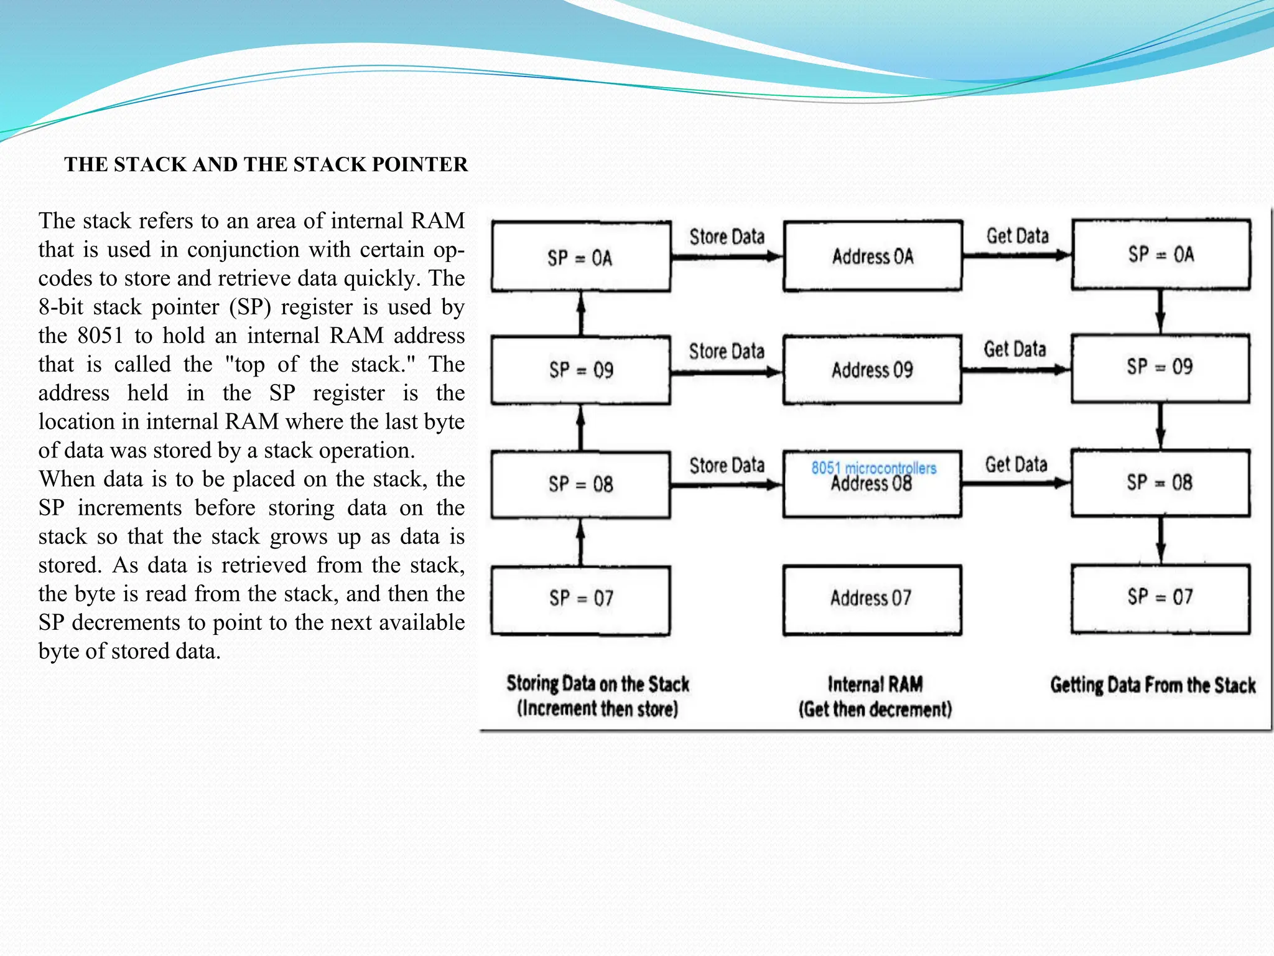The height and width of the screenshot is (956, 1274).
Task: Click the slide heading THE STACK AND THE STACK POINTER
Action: point(266,164)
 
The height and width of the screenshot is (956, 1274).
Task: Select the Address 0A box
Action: point(872,256)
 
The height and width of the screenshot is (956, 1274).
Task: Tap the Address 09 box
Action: point(872,370)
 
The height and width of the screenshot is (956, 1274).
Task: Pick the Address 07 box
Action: point(872,599)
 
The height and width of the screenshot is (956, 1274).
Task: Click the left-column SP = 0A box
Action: point(580,257)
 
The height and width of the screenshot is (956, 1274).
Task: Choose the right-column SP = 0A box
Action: point(1161,254)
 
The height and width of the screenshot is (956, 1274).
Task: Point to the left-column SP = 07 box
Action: point(580,599)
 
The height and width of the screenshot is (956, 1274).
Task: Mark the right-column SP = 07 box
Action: point(1161,597)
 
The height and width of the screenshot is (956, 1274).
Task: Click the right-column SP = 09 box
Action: point(1161,367)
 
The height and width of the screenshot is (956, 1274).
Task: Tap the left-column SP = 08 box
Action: point(580,484)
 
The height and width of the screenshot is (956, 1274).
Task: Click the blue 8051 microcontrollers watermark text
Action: point(873,467)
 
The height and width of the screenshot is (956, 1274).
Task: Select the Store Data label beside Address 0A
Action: point(727,237)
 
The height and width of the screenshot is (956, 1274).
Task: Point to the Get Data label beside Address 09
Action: point(1015,349)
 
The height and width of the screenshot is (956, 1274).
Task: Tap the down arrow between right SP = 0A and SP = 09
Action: point(1161,312)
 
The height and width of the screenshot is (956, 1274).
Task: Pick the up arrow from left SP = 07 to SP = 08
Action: point(581,542)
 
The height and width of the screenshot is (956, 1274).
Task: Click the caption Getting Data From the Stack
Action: point(1153,685)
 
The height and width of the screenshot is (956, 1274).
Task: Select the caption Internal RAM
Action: point(875,685)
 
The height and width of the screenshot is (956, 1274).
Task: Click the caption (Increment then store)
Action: point(597,709)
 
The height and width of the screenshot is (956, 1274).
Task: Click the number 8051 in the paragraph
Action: point(100,335)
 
